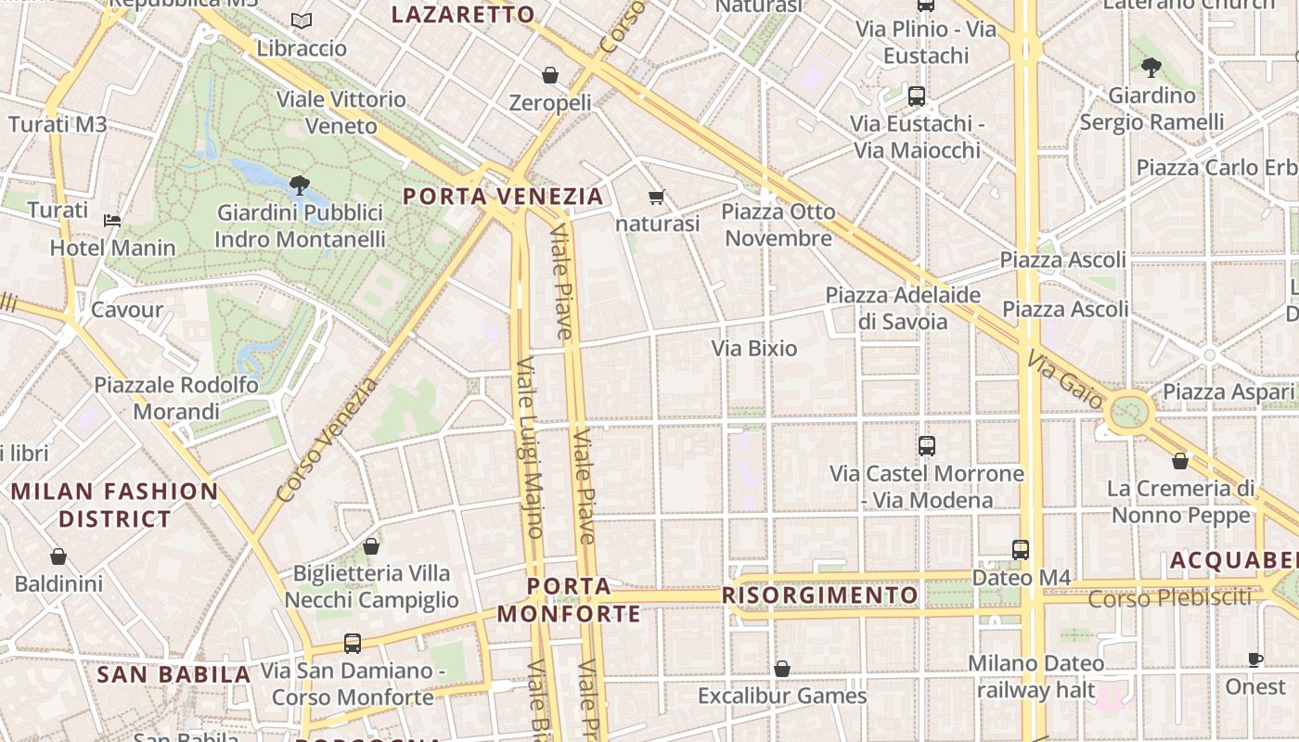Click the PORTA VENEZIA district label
point(504,197)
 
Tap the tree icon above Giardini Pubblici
point(299,185)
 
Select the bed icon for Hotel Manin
point(112,221)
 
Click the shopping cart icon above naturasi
point(657,197)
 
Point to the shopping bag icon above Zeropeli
point(550,75)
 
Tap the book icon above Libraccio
point(302,20)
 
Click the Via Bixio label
point(753,349)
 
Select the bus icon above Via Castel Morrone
point(926,446)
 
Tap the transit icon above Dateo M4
point(1021,550)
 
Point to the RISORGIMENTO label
point(819,595)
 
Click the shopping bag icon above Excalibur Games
point(782,669)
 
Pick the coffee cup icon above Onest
point(1254,660)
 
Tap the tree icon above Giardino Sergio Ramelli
point(1151,68)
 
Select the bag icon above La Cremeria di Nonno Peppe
point(1180,461)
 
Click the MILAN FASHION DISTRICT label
point(115,505)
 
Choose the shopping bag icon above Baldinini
point(58,556)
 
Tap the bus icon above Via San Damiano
point(353,643)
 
